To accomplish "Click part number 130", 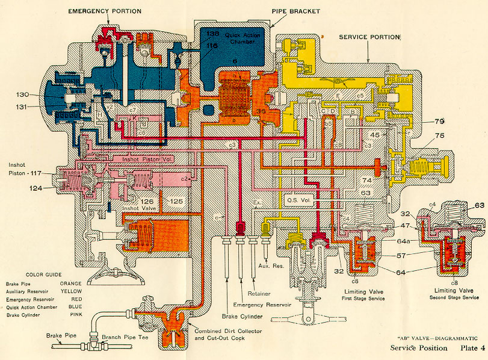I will pos(22,95).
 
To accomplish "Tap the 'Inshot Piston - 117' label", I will pos(23,170).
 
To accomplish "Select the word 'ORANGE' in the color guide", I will pos(70,282).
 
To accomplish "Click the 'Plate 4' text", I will pos(470,348).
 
